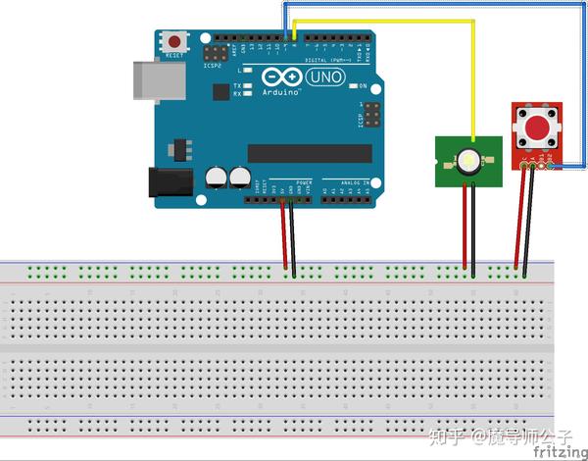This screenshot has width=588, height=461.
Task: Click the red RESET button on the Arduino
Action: [175, 42]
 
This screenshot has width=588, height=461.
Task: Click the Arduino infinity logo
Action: [280, 77]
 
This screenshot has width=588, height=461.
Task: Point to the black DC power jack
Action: [166, 182]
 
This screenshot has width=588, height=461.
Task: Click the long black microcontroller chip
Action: [310, 153]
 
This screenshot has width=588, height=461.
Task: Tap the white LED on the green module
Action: [469, 160]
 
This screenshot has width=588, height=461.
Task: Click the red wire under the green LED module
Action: [465, 226]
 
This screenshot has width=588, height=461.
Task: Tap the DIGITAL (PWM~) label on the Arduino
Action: [328, 60]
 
